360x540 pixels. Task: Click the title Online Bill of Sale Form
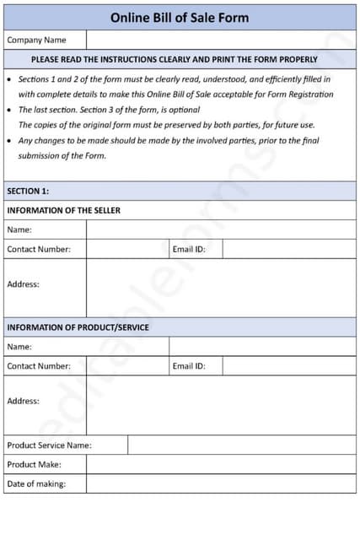point(180,17)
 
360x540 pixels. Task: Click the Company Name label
point(36,40)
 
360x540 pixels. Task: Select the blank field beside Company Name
point(221,40)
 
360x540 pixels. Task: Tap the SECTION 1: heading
point(28,191)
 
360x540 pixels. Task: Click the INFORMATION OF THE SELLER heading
point(63,210)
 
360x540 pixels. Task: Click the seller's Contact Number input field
point(127,249)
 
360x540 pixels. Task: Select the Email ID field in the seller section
point(288,249)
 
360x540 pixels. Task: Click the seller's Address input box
point(221,288)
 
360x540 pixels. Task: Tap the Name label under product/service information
point(19,346)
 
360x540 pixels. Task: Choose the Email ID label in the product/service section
point(189,366)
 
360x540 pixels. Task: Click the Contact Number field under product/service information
point(127,366)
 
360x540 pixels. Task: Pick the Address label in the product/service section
point(24,401)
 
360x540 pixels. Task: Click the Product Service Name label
point(49,445)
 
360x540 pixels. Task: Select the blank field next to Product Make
point(221,464)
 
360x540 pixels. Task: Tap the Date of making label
point(36,483)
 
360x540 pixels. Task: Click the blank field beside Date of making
point(221,483)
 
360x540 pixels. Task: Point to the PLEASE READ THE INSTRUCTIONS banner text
point(174,60)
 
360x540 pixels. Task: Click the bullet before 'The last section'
point(9,110)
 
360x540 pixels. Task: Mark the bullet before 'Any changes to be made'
point(9,140)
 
